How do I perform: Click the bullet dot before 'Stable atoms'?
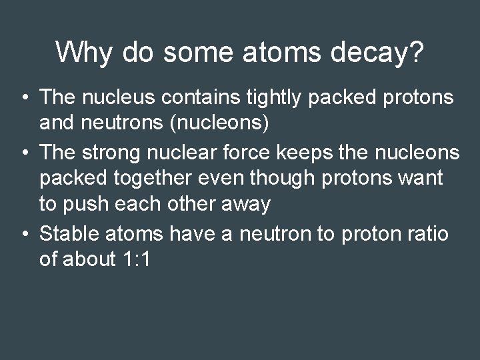coord(24,233)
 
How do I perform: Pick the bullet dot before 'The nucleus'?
coord(24,98)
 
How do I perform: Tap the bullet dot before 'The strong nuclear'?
coord(24,153)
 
